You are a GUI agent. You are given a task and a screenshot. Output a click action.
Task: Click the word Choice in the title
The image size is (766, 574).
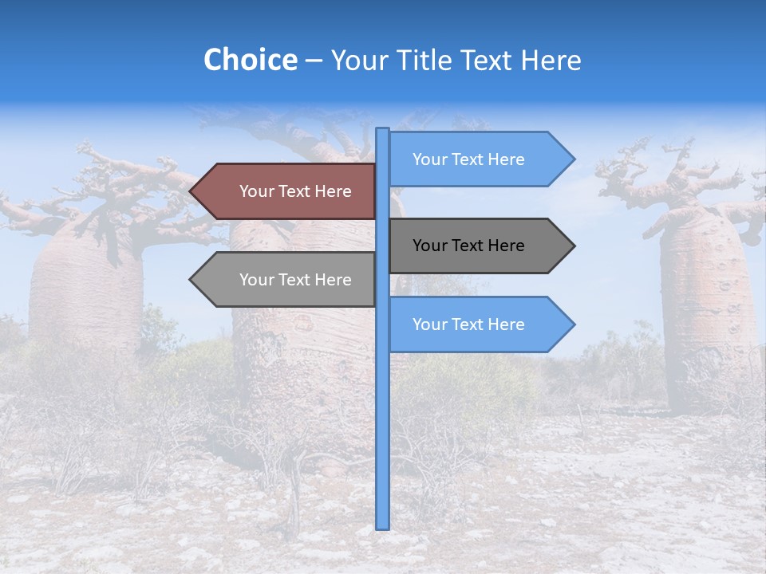pos(250,60)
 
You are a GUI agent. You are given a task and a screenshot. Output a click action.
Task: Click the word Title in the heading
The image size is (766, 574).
pos(422,60)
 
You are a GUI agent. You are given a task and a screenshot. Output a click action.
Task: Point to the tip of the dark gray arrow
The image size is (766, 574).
pos(573,246)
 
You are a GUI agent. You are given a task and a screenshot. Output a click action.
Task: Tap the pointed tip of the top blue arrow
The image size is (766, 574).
pos(573,159)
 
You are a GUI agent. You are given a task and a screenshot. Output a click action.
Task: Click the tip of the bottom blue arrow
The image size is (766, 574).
pos(573,324)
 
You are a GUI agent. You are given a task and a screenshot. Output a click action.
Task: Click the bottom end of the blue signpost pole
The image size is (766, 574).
pos(383,526)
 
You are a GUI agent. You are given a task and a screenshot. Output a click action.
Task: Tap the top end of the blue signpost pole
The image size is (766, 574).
pos(383,130)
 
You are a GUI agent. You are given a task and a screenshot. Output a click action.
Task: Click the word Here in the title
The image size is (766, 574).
pos(551,60)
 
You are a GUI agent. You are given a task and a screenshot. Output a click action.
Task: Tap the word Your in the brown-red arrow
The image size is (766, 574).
pos(256,191)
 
